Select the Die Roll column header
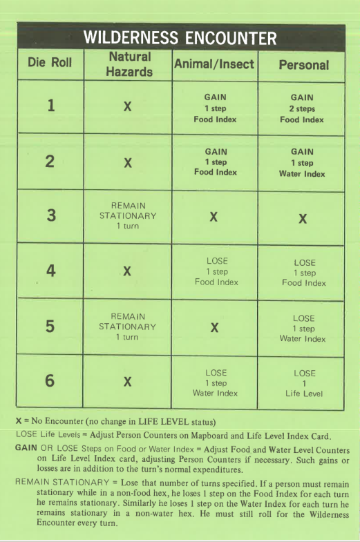click(x=50, y=64)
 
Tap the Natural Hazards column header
click(x=129, y=64)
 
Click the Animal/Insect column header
click(x=214, y=64)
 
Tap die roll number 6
click(x=50, y=380)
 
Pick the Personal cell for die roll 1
click(x=303, y=108)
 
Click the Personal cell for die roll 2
click(x=303, y=162)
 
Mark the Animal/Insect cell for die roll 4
click(x=214, y=271)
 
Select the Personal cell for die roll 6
click(x=303, y=382)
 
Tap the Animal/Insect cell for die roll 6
click(x=214, y=382)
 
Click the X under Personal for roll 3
click(x=303, y=217)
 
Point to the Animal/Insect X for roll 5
click(x=214, y=327)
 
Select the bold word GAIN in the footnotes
click(x=26, y=447)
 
